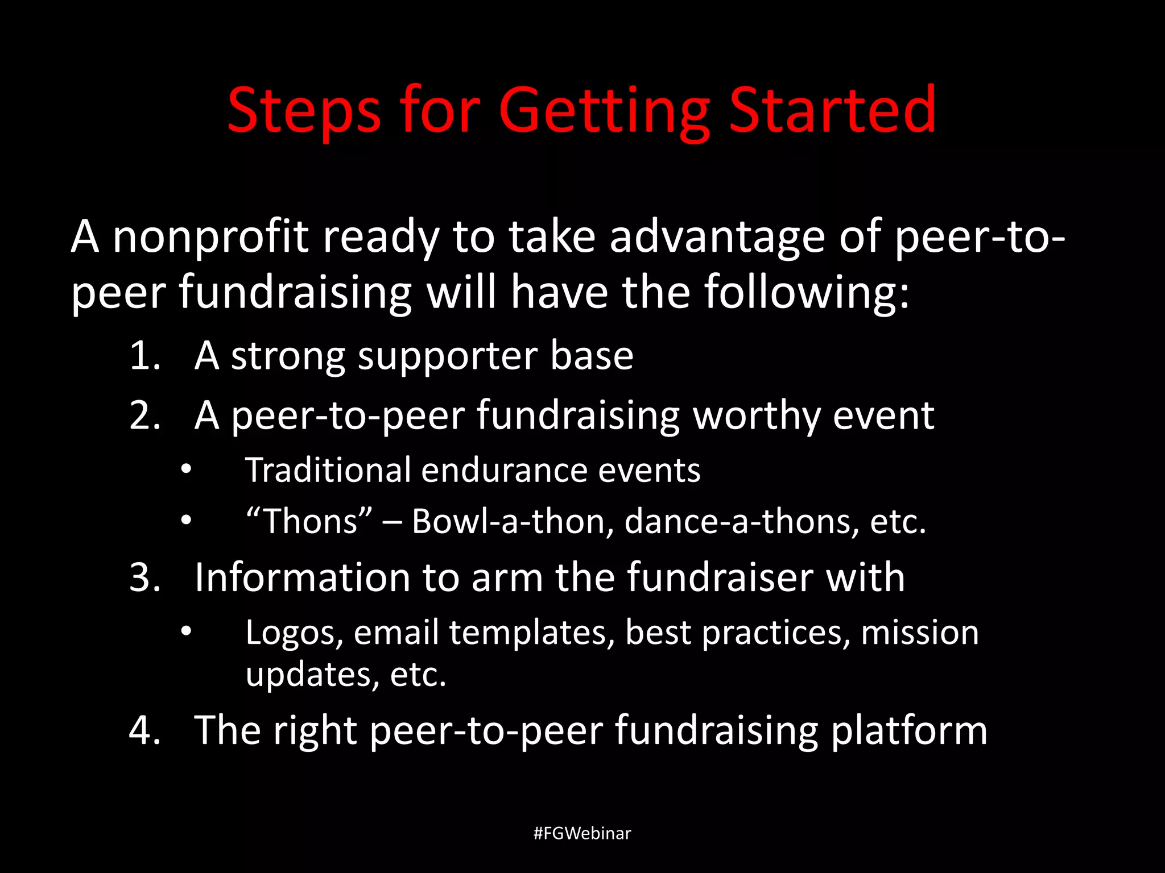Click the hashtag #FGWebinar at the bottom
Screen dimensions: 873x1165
(582, 833)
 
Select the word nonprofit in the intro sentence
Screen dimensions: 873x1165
(210, 238)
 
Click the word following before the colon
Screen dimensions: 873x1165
(801, 293)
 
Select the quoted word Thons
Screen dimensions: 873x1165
(309, 521)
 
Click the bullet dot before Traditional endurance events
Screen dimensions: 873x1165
(186, 470)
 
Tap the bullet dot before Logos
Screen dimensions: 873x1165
(186, 631)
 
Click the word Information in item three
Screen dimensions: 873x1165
(302, 578)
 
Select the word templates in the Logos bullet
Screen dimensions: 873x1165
(532, 633)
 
